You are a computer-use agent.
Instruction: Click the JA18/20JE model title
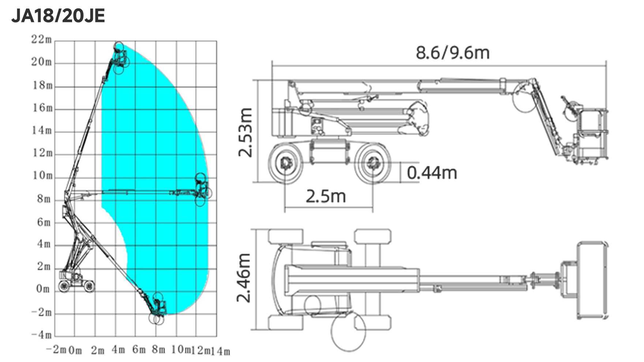point(58,16)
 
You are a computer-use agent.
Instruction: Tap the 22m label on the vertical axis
point(41,39)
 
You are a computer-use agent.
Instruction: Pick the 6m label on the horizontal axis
point(139,350)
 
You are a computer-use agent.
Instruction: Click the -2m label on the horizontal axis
point(56,349)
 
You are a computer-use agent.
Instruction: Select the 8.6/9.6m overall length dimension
point(453,53)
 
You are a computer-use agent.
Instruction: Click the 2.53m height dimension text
point(246,132)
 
